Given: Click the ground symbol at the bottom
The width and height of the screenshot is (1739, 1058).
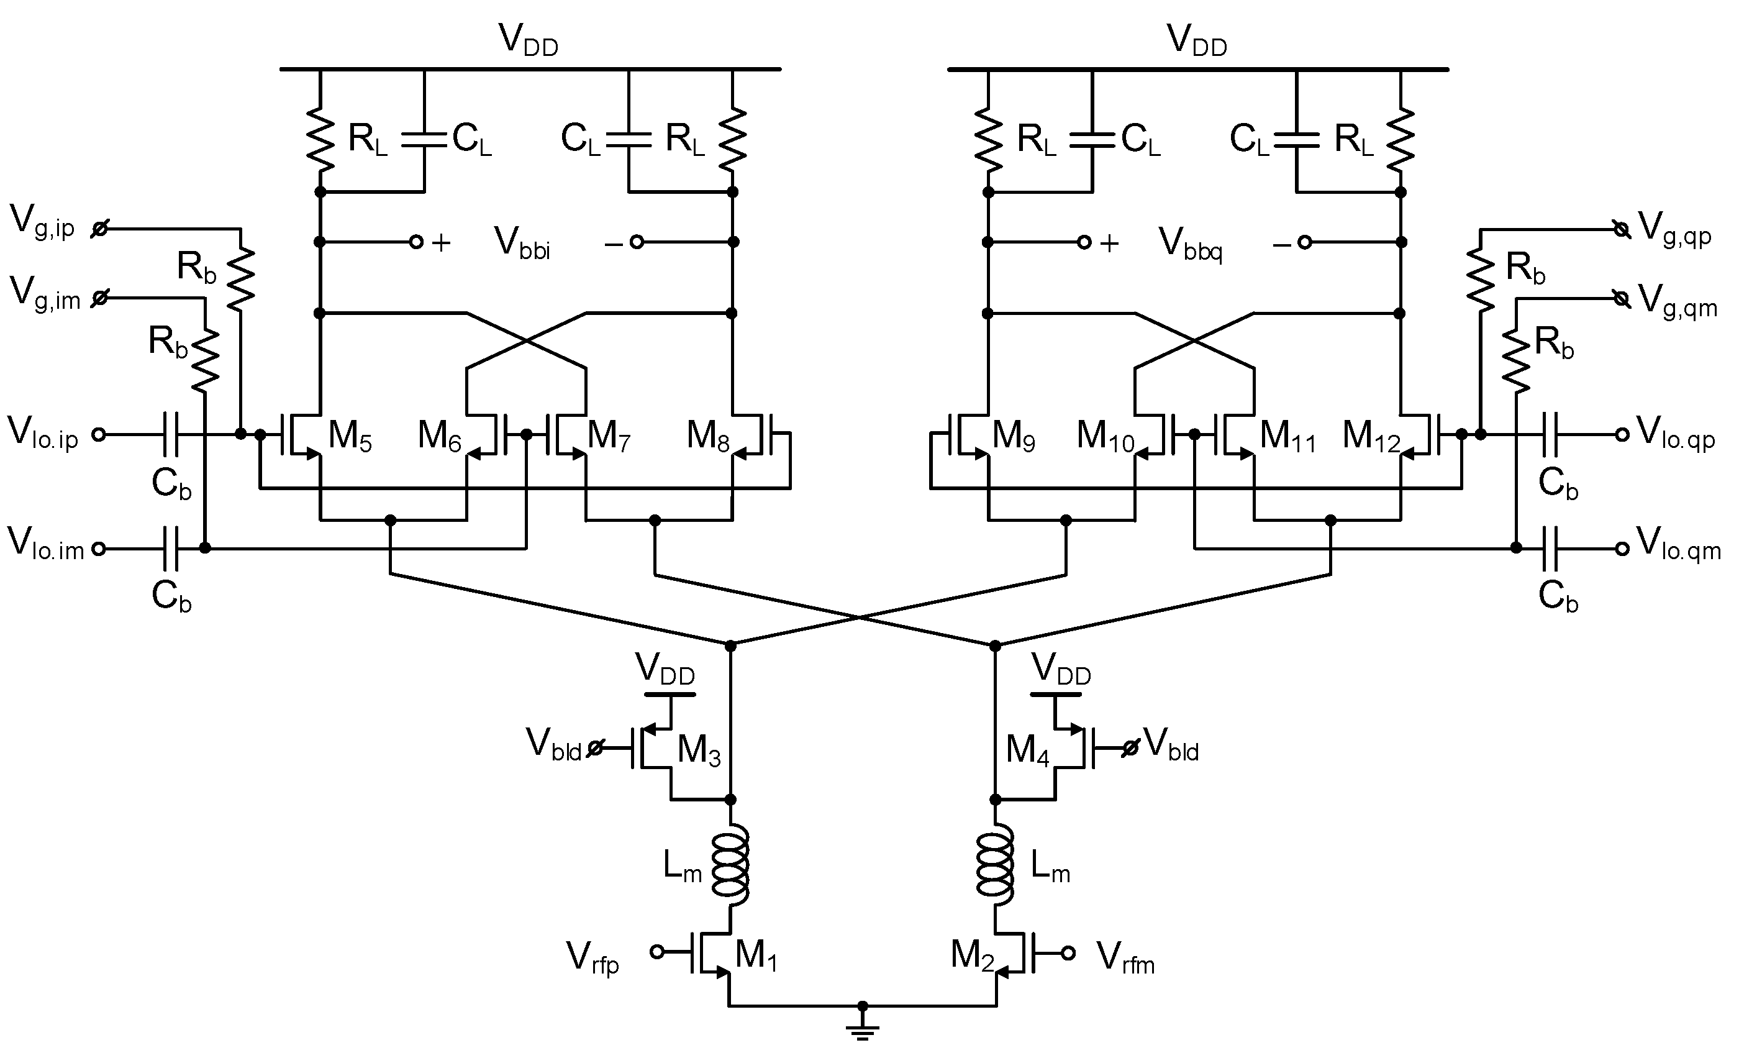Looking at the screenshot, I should [x=862, y=1030].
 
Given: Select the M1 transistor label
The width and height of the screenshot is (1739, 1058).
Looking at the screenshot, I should [x=756, y=956].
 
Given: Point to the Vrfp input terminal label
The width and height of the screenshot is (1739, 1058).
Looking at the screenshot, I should [x=592, y=959].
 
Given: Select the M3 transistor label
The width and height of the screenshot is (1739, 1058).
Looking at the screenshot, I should [x=699, y=750].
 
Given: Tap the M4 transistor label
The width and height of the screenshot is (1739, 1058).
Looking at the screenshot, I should [x=1027, y=750].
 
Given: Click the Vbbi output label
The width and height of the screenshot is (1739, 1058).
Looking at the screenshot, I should [x=522, y=244].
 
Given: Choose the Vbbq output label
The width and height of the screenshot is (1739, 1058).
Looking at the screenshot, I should [x=1190, y=244].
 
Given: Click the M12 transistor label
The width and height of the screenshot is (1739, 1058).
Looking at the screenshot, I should [x=1371, y=436].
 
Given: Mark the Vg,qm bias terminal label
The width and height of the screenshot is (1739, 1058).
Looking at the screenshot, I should [x=1676, y=301].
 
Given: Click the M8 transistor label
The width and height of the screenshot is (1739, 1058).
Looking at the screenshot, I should [x=708, y=436].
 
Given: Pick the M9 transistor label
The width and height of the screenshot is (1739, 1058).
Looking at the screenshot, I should [x=1014, y=436].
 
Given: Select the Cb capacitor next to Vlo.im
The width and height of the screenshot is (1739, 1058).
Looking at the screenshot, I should [x=170, y=549].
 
